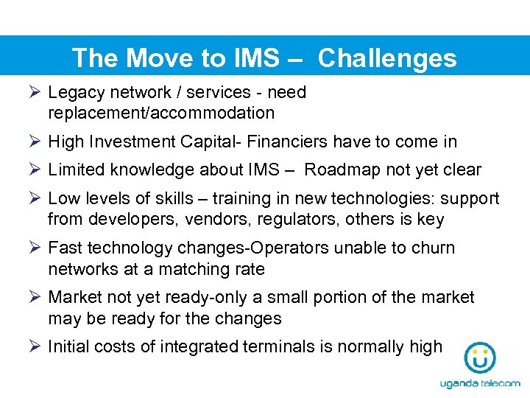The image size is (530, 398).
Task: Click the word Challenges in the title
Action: [x=387, y=58]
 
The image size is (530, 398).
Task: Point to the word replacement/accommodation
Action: [x=161, y=114]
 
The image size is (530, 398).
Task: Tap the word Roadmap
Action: [x=341, y=170]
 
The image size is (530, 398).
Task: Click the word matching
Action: [x=198, y=269]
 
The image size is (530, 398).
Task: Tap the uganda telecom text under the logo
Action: [x=480, y=384]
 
